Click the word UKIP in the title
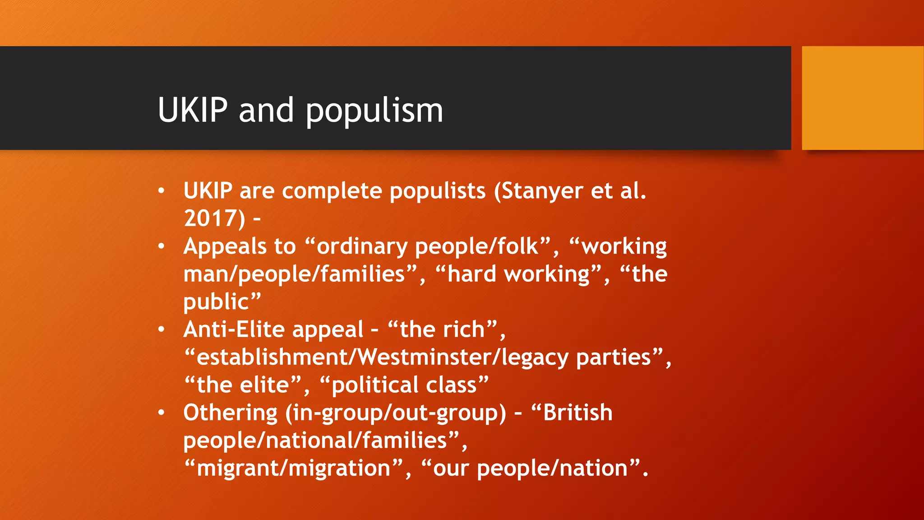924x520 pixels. coord(193,110)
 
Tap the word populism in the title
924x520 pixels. coord(374,111)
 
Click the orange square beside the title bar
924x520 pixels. coord(862,98)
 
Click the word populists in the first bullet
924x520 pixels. coord(438,191)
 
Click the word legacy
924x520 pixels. coord(535,357)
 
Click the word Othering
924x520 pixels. coord(230,413)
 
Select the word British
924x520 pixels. coord(577,413)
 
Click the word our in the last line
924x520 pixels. coord(452,469)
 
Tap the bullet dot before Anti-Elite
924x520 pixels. coord(162,330)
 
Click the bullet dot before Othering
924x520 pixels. coord(162,413)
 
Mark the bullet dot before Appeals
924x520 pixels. coord(162,246)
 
